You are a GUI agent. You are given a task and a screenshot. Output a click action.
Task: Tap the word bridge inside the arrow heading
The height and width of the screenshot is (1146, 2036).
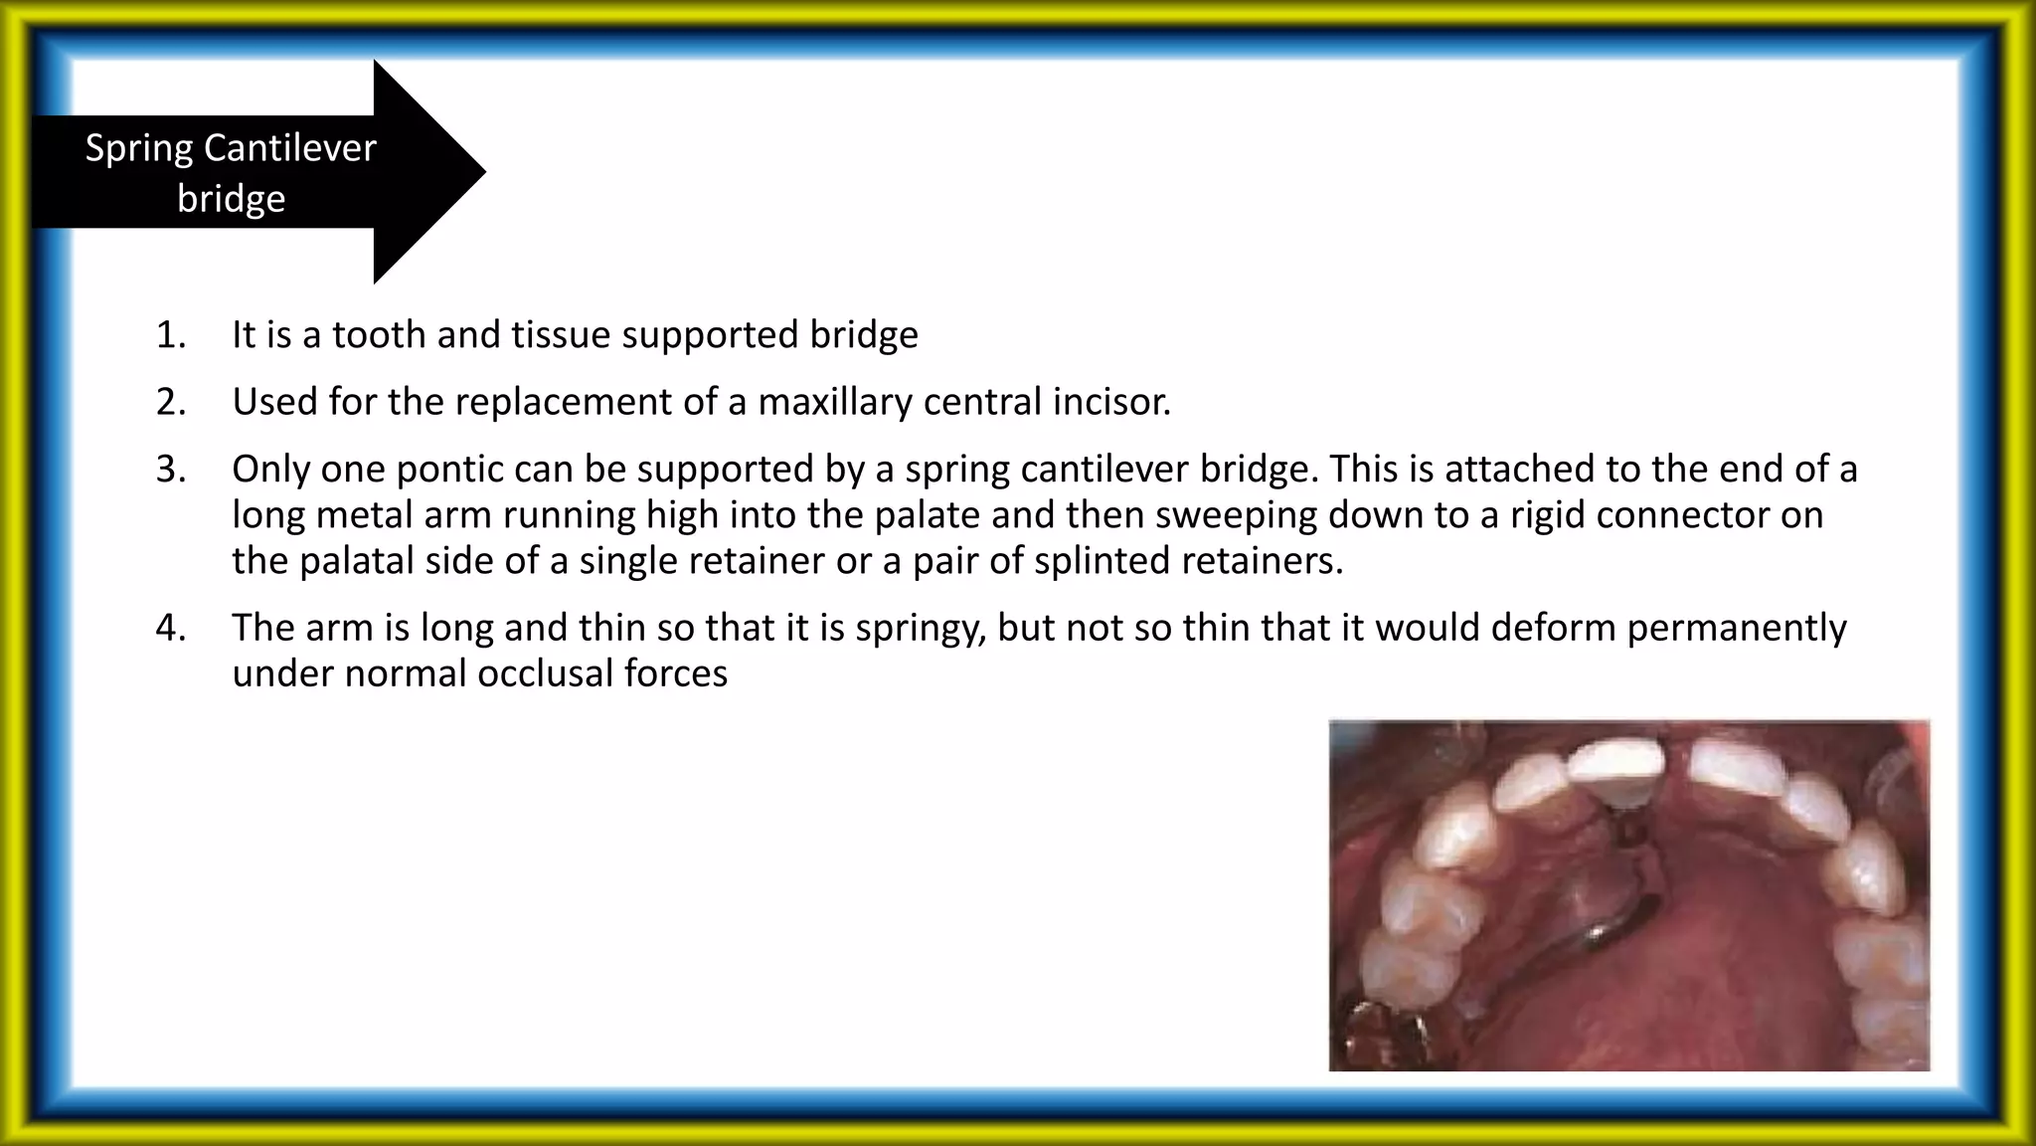(x=231, y=199)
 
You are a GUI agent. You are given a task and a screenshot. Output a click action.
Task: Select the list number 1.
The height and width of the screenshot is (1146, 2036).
(x=171, y=335)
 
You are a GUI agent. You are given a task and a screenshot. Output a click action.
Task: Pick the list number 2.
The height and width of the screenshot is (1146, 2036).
(x=171, y=402)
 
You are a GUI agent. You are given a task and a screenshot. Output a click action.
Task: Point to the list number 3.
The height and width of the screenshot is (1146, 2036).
(x=171, y=469)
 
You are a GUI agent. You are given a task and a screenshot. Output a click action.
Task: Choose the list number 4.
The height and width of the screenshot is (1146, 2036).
(x=171, y=628)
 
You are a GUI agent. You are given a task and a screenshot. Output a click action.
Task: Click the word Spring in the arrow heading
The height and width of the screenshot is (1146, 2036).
(x=138, y=148)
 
